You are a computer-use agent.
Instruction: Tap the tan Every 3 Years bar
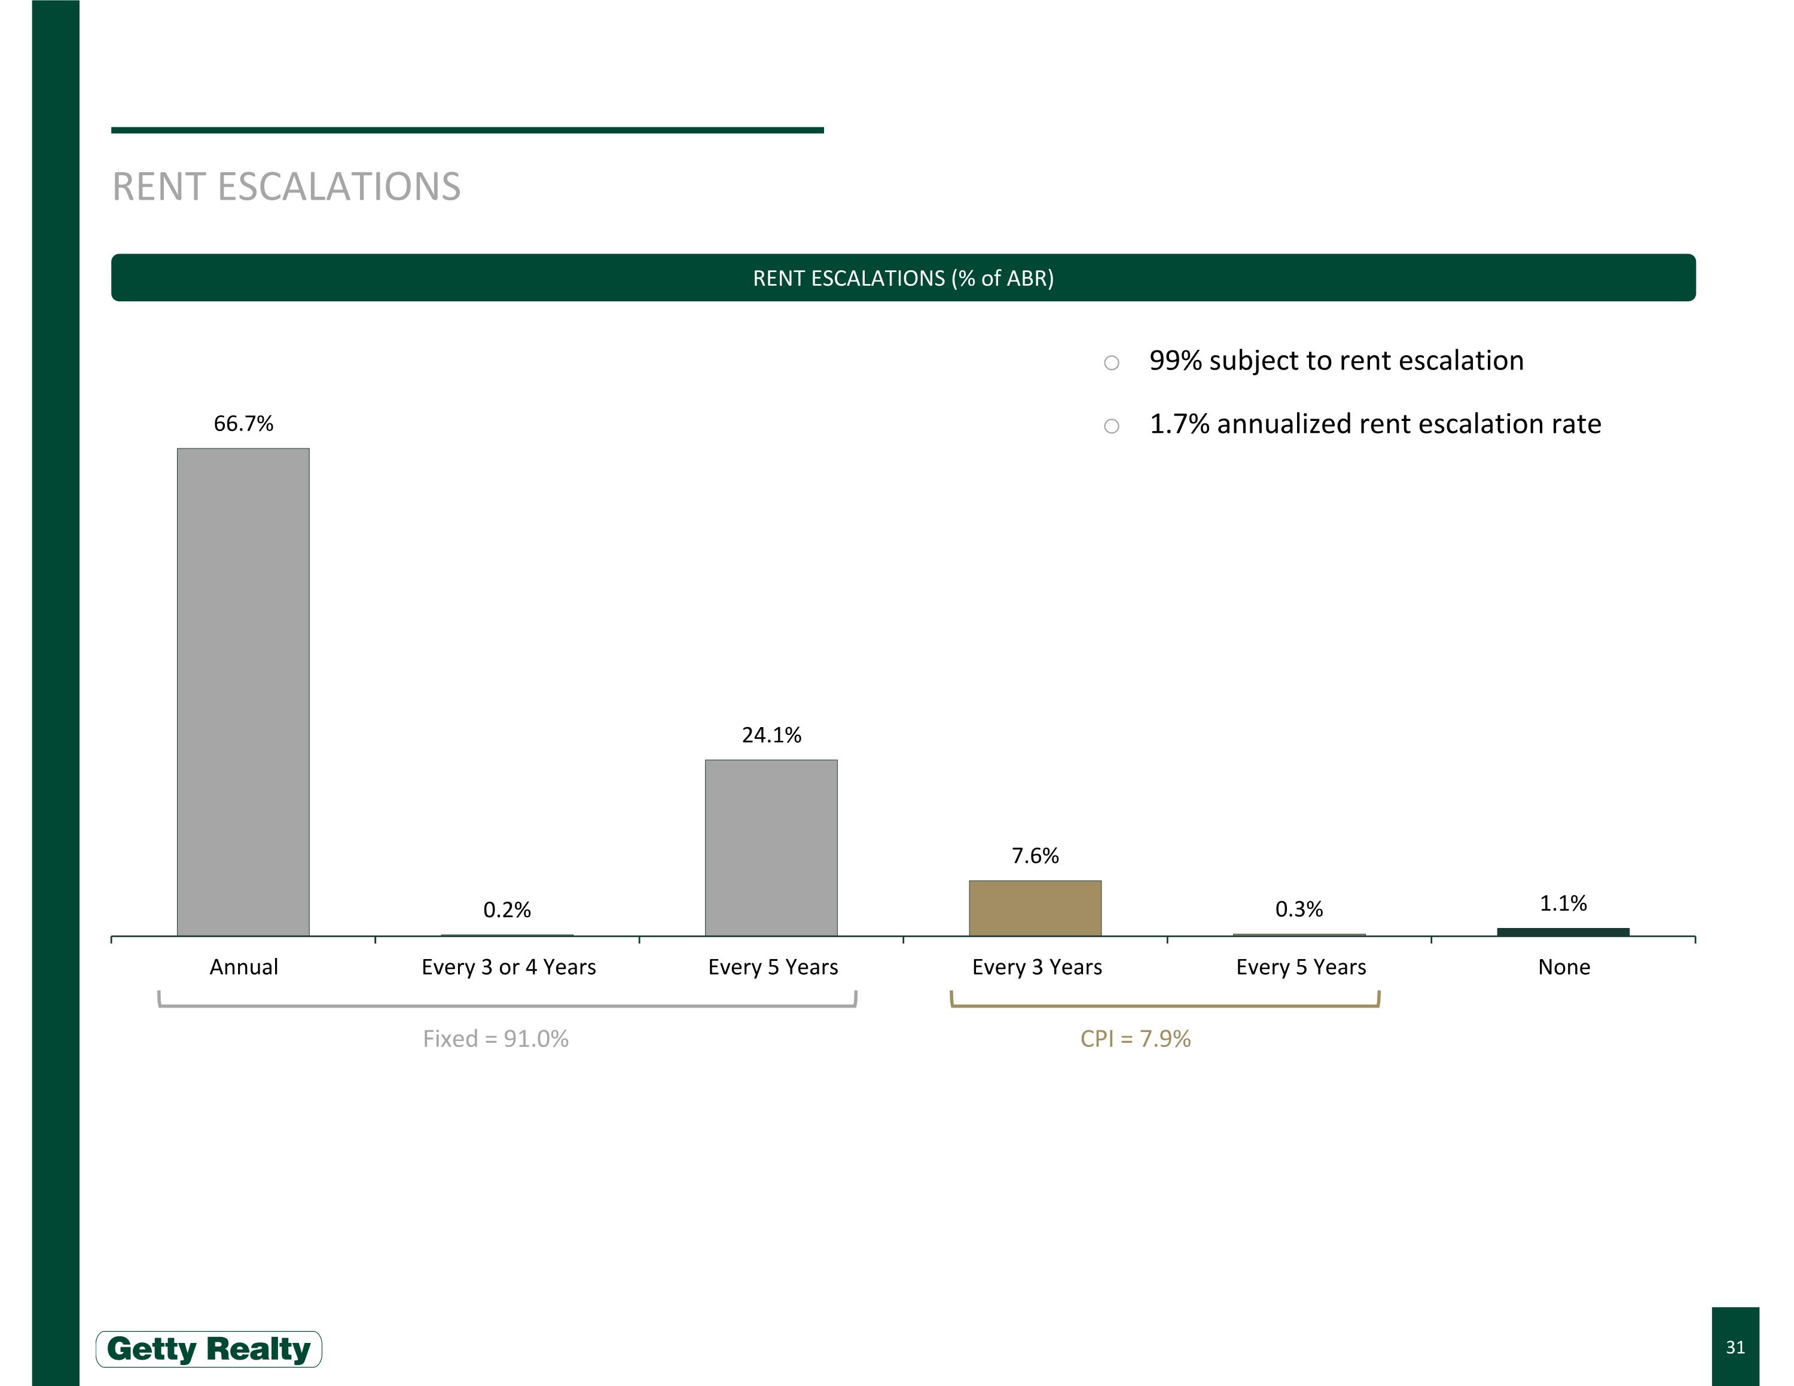(x=1035, y=908)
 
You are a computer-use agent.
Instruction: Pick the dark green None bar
(x=1563, y=932)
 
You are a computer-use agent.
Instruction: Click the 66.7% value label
(x=243, y=424)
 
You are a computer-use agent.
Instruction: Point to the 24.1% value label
(x=771, y=735)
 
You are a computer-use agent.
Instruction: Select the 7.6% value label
(x=1035, y=856)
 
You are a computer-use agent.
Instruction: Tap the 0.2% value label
(x=507, y=910)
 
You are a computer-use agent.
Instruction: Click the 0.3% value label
(x=1299, y=909)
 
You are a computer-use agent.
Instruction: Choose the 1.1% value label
(x=1563, y=903)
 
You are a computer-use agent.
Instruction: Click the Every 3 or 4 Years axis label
(x=508, y=967)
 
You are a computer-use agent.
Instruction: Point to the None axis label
(x=1564, y=967)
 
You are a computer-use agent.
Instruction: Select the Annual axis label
(x=244, y=967)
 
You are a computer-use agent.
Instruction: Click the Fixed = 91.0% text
(x=495, y=1039)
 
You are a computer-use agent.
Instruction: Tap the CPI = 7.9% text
(x=1135, y=1039)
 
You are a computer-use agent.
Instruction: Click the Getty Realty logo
(x=209, y=1349)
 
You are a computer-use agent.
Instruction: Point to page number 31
(x=1735, y=1347)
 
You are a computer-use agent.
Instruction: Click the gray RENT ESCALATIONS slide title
(x=286, y=187)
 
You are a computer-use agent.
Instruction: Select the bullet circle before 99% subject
(x=1112, y=363)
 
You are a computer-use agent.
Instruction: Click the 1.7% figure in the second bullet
(x=1179, y=425)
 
